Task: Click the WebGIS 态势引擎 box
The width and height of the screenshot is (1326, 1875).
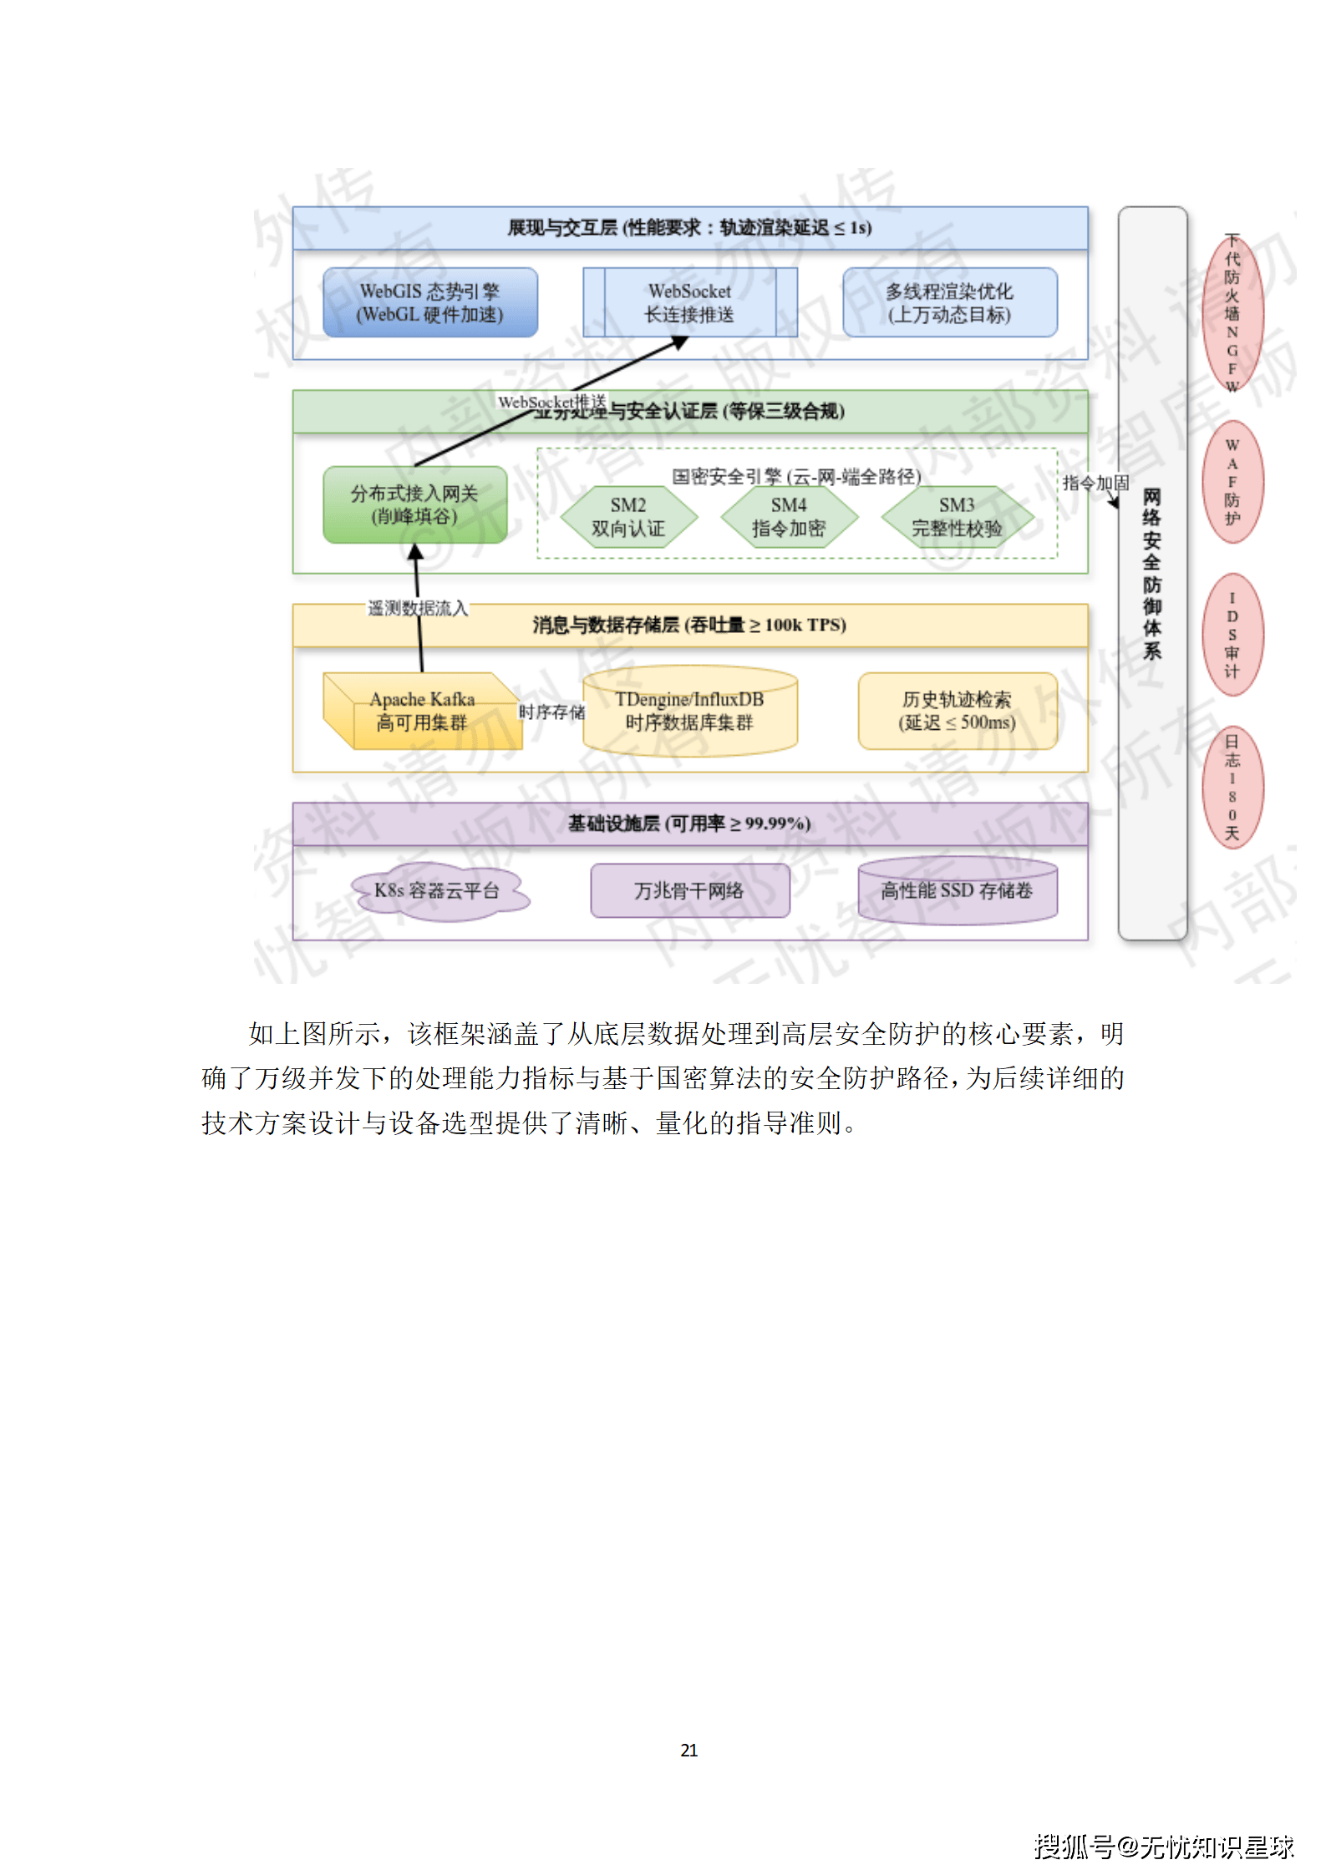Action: click(x=429, y=302)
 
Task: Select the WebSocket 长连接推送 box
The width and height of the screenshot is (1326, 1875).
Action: click(x=689, y=302)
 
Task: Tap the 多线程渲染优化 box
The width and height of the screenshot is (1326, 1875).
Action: click(x=949, y=302)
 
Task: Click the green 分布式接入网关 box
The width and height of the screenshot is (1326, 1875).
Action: click(x=414, y=504)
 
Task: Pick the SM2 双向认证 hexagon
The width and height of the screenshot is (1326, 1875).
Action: click(x=628, y=517)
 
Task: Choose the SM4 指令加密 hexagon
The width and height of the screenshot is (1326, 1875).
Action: click(x=789, y=517)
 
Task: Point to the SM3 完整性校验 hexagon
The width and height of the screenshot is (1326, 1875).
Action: click(x=957, y=517)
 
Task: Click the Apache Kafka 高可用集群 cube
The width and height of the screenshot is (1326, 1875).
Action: click(x=422, y=711)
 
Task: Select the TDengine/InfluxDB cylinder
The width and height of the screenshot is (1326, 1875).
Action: click(x=689, y=711)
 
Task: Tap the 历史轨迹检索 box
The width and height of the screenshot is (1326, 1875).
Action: click(x=958, y=711)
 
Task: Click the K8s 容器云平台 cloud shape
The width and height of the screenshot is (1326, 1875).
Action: click(x=438, y=891)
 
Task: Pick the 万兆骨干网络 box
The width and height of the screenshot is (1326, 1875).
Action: click(x=689, y=891)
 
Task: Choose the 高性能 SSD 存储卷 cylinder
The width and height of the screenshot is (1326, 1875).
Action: click(x=958, y=891)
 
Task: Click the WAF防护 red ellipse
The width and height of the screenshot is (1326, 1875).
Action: click(x=1232, y=482)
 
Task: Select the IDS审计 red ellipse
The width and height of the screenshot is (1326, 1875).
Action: click(x=1232, y=635)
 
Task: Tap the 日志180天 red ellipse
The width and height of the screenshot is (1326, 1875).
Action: click(x=1232, y=788)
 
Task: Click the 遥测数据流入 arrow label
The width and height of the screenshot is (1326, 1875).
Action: click(x=418, y=608)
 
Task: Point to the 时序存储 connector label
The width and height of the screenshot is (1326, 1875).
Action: click(x=552, y=712)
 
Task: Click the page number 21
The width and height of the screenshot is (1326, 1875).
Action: click(x=689, y=1750)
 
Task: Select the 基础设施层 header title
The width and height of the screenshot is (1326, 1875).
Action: click(x=689, y=823)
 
